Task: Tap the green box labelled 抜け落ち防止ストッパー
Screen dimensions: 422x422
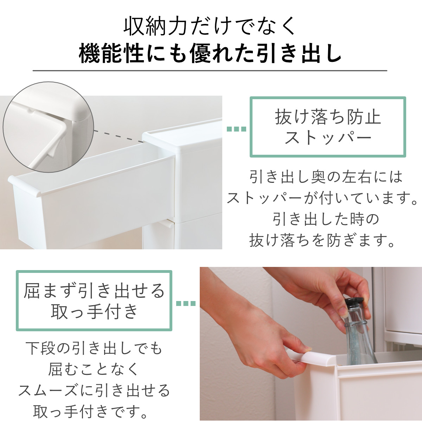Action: click(x=328, y=127)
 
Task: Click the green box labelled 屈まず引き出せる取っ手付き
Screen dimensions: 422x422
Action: click(x=94, y=301)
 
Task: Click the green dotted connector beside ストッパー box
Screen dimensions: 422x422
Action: click(x=236, y=129)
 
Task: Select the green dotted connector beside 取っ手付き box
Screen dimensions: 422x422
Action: click(x=185, y=303)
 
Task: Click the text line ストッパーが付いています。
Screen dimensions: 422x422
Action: click(x=321, y=199)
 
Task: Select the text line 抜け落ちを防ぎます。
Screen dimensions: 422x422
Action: click(x=321, y=241)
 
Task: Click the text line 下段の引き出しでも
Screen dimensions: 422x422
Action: click(x=94, y=349)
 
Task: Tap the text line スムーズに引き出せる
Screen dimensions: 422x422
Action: click(x=94, y=390)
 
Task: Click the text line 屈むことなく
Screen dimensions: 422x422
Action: click(x=94, y=369)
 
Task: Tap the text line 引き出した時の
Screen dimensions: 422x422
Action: click(x=326, y=220)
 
